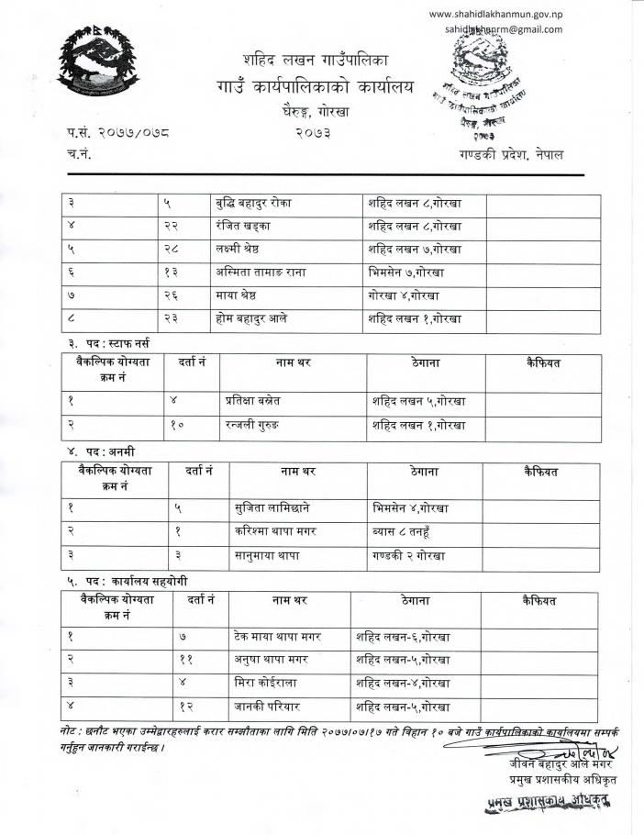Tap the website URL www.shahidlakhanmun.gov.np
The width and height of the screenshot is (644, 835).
[495, 14]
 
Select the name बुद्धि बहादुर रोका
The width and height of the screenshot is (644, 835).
[267, 202]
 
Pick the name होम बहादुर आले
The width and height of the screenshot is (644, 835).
[267, 319]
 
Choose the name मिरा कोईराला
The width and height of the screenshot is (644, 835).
[266, 684]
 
